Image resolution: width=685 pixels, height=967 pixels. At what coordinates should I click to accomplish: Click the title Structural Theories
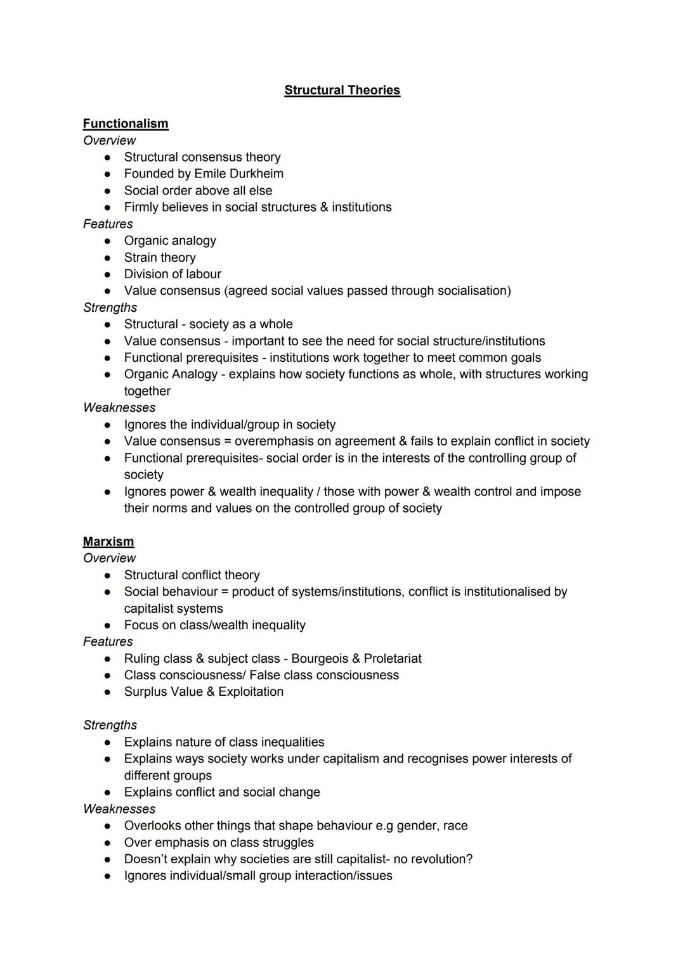pyautogui.click(x=342, y=90)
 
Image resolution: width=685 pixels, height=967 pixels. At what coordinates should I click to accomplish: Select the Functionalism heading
pyautogui.click(x=126, y=124)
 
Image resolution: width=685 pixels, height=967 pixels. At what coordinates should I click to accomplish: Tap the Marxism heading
pyautogui.click(x=108, y=541)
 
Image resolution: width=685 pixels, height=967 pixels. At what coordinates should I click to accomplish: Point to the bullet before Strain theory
pyautogui.click(x=108, y=258)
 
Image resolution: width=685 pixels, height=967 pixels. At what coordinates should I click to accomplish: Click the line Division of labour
pyautogui.click(x=173, y=274)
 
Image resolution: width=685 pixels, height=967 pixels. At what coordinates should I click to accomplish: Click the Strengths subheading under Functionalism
pyautogui.click(x=110, y=307)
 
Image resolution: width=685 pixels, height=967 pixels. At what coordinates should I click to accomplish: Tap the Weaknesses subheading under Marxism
pyautogui.click(x=119, y=809)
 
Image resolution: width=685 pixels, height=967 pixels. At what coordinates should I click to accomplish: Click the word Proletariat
pyautogui.click(x=393, y=658)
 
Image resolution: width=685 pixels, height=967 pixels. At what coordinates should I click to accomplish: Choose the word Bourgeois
pyautogui.click(x=320, y=658)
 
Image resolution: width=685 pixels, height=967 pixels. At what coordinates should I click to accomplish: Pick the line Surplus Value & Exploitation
pyautogui.click(x=204, y=692)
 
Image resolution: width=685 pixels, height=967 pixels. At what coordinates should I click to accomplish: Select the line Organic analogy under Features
pyautogui.click(x=170, y=241)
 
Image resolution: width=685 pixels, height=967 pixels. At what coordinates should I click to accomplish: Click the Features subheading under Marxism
pyautogui.click(x=108, y=642)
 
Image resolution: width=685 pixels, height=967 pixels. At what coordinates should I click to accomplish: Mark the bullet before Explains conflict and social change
pyautogui.click(x=108, y=792)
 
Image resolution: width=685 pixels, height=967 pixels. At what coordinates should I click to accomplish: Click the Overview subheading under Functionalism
pyautogui.click(x=109, y=141)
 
